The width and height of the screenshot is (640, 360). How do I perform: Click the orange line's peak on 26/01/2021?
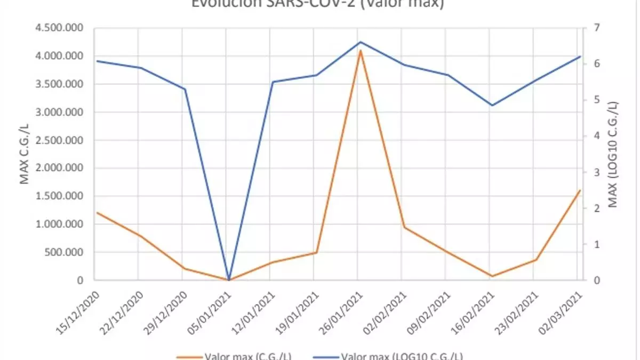[x=361, y=50]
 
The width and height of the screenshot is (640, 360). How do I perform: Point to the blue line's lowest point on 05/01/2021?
[x=229, y=279]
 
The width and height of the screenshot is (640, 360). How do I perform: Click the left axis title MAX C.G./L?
[x=25, y=154]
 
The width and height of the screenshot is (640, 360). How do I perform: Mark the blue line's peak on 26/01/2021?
[x=361, y=42]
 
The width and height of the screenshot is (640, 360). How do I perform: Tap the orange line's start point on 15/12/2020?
[x=97, y=212]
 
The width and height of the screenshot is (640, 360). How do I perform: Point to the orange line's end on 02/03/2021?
[x=580, y=190]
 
